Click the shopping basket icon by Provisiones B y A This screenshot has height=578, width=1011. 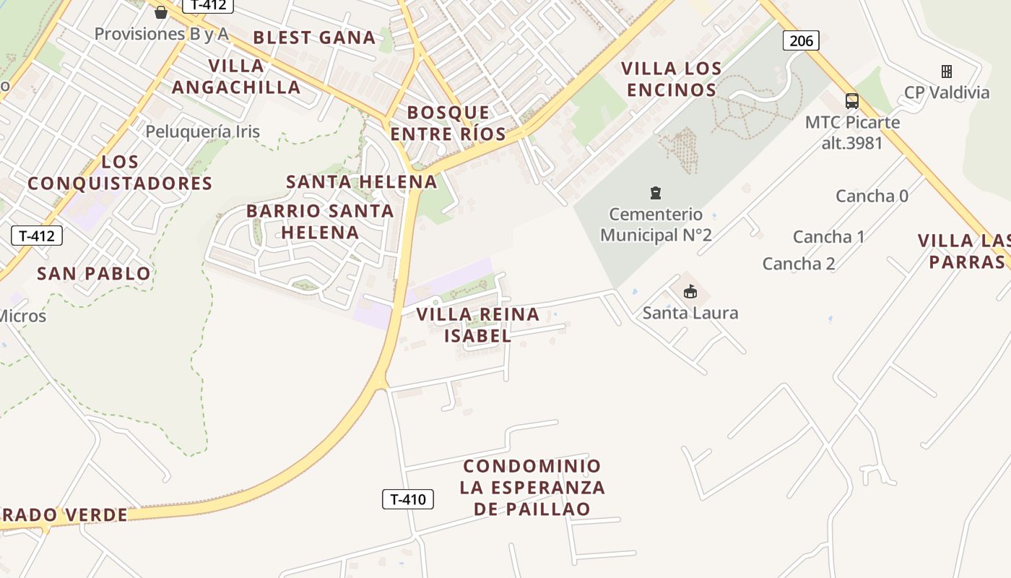tap(161, 12)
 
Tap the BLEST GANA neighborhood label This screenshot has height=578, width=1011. tap(314, 38)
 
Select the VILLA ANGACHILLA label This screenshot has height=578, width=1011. tap(236, 77)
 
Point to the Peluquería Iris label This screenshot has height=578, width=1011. tap(202, 131)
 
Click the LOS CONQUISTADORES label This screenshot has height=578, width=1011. tap(120, 172)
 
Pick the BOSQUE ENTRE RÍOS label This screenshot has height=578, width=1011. tap(448, 123)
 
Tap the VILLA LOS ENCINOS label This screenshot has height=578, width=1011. tap(672, 79)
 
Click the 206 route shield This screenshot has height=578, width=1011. tap(801, 40)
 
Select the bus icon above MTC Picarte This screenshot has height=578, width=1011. tap(852, 100)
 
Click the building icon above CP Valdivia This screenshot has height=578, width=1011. tap(947, 71)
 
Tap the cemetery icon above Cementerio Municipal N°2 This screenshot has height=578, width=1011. tap(655, 193)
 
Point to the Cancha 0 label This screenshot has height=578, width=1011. tap(872, 196)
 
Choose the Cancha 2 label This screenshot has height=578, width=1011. tap(799, 264)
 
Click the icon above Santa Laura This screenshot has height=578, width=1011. tap(690, 291)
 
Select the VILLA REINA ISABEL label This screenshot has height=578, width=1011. tap(478, 325)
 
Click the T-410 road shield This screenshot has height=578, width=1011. tap(407, 499)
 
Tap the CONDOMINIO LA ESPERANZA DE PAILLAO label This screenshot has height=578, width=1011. tap(532, 487)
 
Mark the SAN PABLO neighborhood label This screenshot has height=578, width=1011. tap(94, 274)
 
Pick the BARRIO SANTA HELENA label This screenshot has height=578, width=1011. tap(320, 222)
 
